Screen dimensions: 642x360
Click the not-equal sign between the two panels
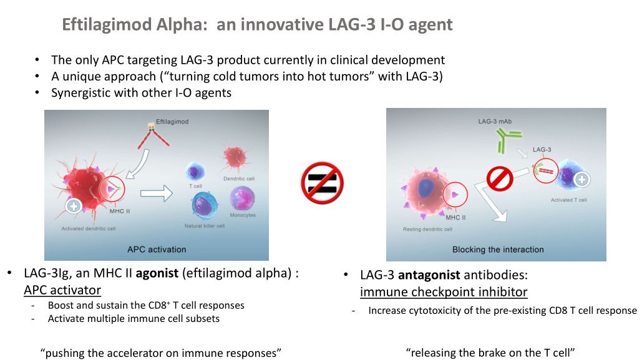[322, 183]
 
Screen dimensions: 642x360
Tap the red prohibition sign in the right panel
[500, 179]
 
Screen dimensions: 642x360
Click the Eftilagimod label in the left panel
[172, 122]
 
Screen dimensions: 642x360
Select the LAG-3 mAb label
[495, 121]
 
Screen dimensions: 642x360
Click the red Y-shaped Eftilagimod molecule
[153, 135]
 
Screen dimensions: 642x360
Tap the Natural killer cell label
[204, 226]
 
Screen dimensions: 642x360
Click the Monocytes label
[242, 215]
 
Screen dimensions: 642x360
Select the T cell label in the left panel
[195, 186]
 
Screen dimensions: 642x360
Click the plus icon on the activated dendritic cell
[74, 206]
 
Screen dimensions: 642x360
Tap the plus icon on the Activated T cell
[582, 179]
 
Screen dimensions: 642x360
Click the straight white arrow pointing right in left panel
[157, 193]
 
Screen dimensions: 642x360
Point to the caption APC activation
[157, 250]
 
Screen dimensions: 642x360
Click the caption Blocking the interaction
[498, 250]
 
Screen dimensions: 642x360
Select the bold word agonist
[157, 273]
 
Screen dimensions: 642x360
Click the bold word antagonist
[429, 275]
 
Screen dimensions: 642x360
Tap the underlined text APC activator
[62, 290]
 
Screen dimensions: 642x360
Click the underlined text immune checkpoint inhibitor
[444, 292]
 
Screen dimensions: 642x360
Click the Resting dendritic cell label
[427, 230]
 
